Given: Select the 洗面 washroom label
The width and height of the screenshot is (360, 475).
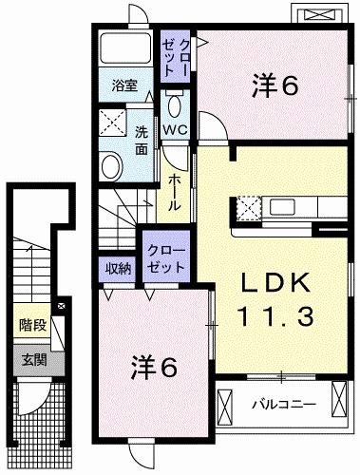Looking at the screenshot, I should coord(142,141).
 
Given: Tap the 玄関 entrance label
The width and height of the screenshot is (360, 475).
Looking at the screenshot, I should coord(33,360).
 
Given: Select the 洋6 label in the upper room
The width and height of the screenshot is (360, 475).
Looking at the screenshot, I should coord(275,86).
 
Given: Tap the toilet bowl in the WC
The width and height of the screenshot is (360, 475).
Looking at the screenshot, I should coord(175,104).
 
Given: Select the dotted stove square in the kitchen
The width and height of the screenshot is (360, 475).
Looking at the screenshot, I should coord(249,206).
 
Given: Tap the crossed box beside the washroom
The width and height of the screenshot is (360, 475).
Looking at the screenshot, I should coord(114,122).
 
